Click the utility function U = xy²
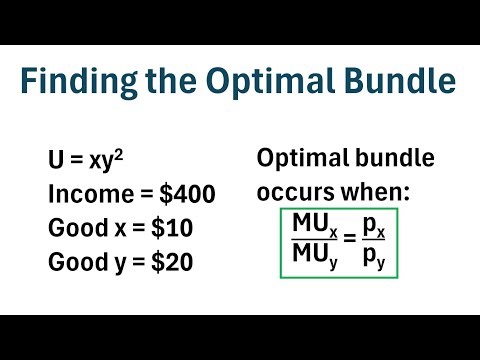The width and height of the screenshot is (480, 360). point(84,162)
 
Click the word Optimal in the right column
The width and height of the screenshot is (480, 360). point(304,158)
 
